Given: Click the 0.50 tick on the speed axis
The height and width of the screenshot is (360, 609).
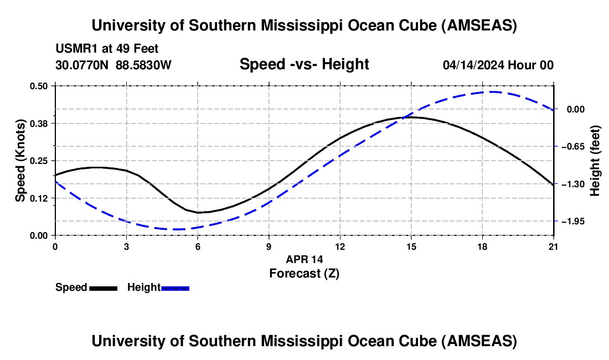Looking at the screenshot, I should [40, 86].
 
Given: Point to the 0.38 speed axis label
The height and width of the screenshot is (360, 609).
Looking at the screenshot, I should [40, 123].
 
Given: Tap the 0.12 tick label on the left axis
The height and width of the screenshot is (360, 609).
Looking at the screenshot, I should [40, 198].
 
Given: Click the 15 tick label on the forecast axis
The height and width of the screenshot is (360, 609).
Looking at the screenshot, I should [411, 246].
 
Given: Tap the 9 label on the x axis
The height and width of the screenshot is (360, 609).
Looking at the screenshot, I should [269, 246].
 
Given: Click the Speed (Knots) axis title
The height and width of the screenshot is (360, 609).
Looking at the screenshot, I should [20, 160].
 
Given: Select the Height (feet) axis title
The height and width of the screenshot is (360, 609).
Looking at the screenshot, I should [595, 160].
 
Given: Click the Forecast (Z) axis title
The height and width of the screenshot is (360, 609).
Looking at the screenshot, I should [304, 273].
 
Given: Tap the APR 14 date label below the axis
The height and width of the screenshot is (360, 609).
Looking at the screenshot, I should [304, 259].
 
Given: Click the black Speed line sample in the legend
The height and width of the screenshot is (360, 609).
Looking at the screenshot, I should [103, 288].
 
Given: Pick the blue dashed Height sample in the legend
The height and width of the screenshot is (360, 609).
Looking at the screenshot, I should [176, 288].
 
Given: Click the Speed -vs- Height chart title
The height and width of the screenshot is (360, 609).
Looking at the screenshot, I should [304, 65].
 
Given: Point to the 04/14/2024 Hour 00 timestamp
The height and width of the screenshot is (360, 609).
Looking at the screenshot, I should [498, 65].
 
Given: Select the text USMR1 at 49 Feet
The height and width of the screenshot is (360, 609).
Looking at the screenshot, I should [107, 49].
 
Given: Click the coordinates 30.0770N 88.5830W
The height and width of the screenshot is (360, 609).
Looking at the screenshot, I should [113, 65].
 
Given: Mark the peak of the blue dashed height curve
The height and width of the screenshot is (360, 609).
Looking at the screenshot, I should [491, 92].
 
